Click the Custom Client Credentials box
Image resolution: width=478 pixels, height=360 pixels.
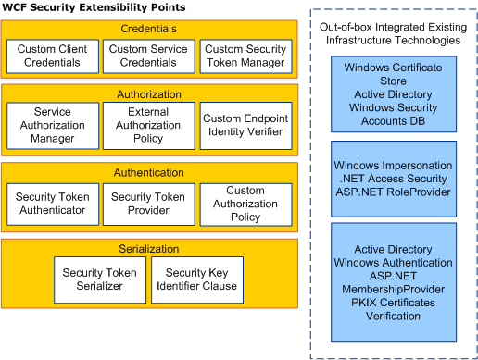[x=53, y=56]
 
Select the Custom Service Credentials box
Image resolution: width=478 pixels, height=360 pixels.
[x=148, y=56]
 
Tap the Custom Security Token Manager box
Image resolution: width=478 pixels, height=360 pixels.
[x=245, y=56]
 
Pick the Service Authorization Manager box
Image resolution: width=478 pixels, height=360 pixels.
[x=53, y=125]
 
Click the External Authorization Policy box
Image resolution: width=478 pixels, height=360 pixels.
[x=148, y=125]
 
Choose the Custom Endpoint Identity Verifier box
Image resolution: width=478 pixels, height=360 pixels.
[x=245, y=125]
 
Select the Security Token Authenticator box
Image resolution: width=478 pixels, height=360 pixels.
[x=53, y=204]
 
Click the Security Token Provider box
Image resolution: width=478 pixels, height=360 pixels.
[x=148, y=204]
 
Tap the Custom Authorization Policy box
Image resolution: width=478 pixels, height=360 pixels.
[x=245, y=204]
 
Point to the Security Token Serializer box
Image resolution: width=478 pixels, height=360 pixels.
[x=99, y=279]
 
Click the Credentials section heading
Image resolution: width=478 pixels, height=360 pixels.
[x=148, y=29]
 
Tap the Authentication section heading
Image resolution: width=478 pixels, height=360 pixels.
[x=148, y=172]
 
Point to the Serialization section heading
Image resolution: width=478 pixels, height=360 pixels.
[x=148, y=249]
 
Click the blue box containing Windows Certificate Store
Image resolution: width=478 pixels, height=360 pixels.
[x=393, y=93]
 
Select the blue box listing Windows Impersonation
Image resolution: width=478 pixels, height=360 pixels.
[x=393, y=177]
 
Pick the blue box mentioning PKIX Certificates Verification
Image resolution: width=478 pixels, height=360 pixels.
[x=393, y=275]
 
